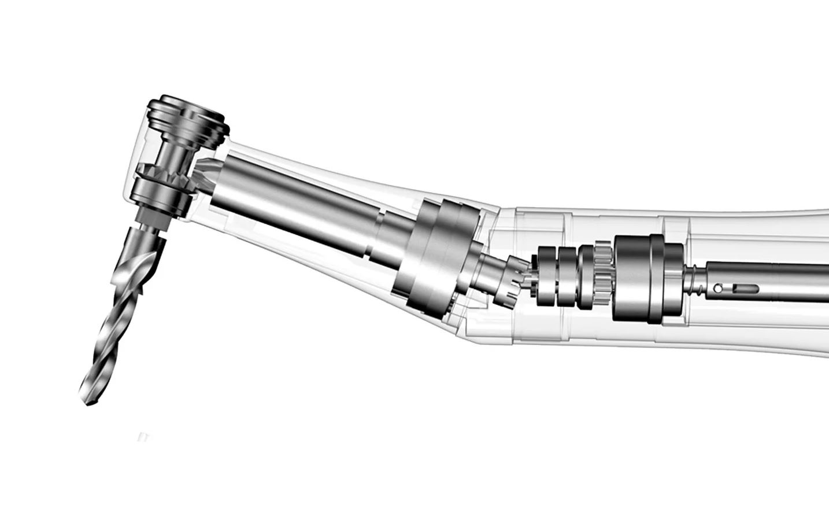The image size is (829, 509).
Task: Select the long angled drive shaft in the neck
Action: click(289, 191)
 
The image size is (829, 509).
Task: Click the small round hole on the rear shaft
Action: click(717, 287)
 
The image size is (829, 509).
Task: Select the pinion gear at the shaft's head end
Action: click(205, 174)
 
